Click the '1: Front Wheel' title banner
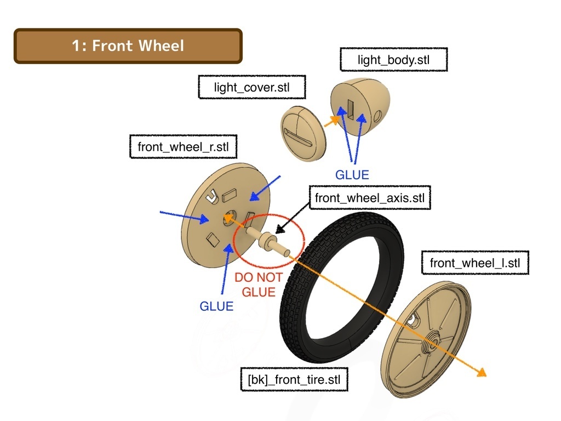coord(128,46)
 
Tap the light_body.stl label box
coord(393,59)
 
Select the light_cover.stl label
coord(252,87)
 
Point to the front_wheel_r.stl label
coord(183,146)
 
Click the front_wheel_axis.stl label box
coord(370,197)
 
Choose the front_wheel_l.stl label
coord(475,263)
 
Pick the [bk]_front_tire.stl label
coord(294,379)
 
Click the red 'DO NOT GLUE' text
coord(259,285)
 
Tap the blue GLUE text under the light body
coord(352,175)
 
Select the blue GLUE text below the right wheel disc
coord(216,306)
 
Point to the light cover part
coord(303,134)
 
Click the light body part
coord(360,106)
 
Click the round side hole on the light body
coord(377,116)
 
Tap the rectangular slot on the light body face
coord(351,109)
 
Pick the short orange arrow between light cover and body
coord(331,121)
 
